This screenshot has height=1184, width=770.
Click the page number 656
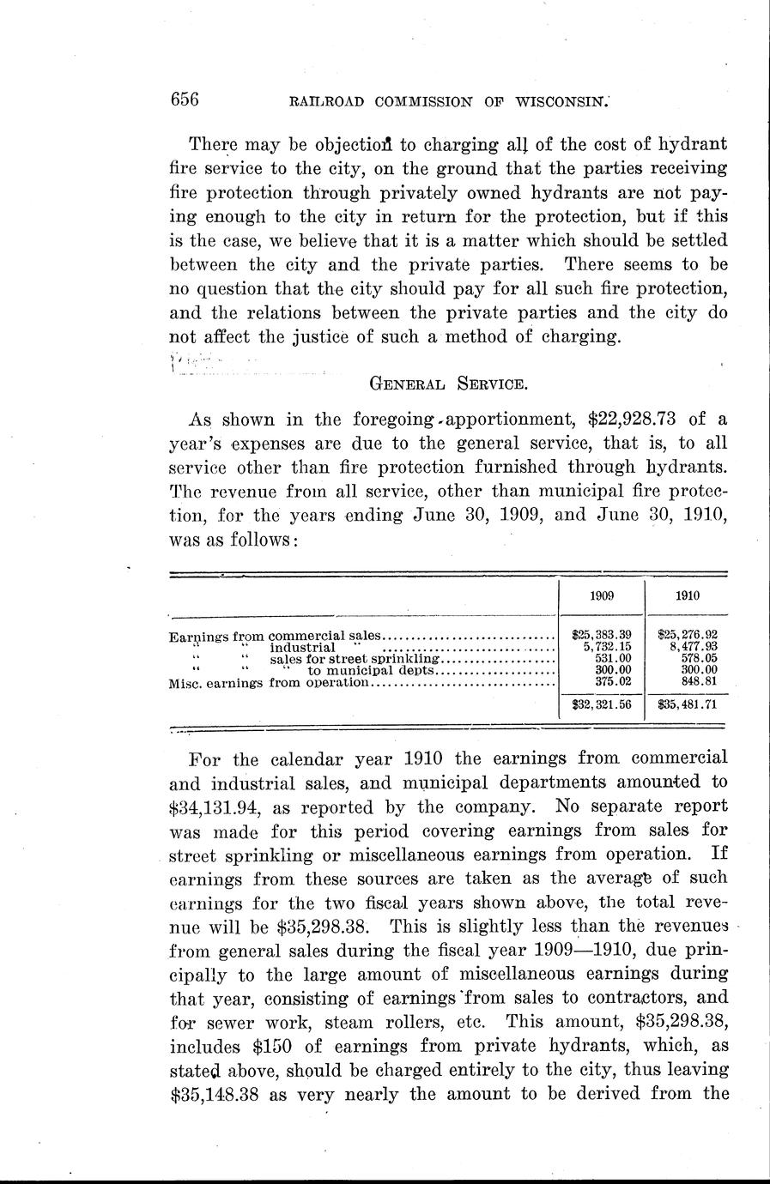[x=185, y=100]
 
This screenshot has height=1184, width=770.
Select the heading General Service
[x=440, y=384]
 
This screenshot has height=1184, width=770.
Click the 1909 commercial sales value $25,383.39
[x=602, y=636]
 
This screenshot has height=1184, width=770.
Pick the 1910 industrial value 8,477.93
[x=694, y=647]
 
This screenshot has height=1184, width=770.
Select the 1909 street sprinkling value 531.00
[x=613, y=659]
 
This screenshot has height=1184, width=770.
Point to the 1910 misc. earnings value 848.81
[x=699, y=682]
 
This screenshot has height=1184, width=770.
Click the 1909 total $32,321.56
[x=601, y=705]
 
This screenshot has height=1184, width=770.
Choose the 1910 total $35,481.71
[x=687, y=705]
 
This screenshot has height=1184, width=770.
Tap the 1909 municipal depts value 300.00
[x=613, y=670]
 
